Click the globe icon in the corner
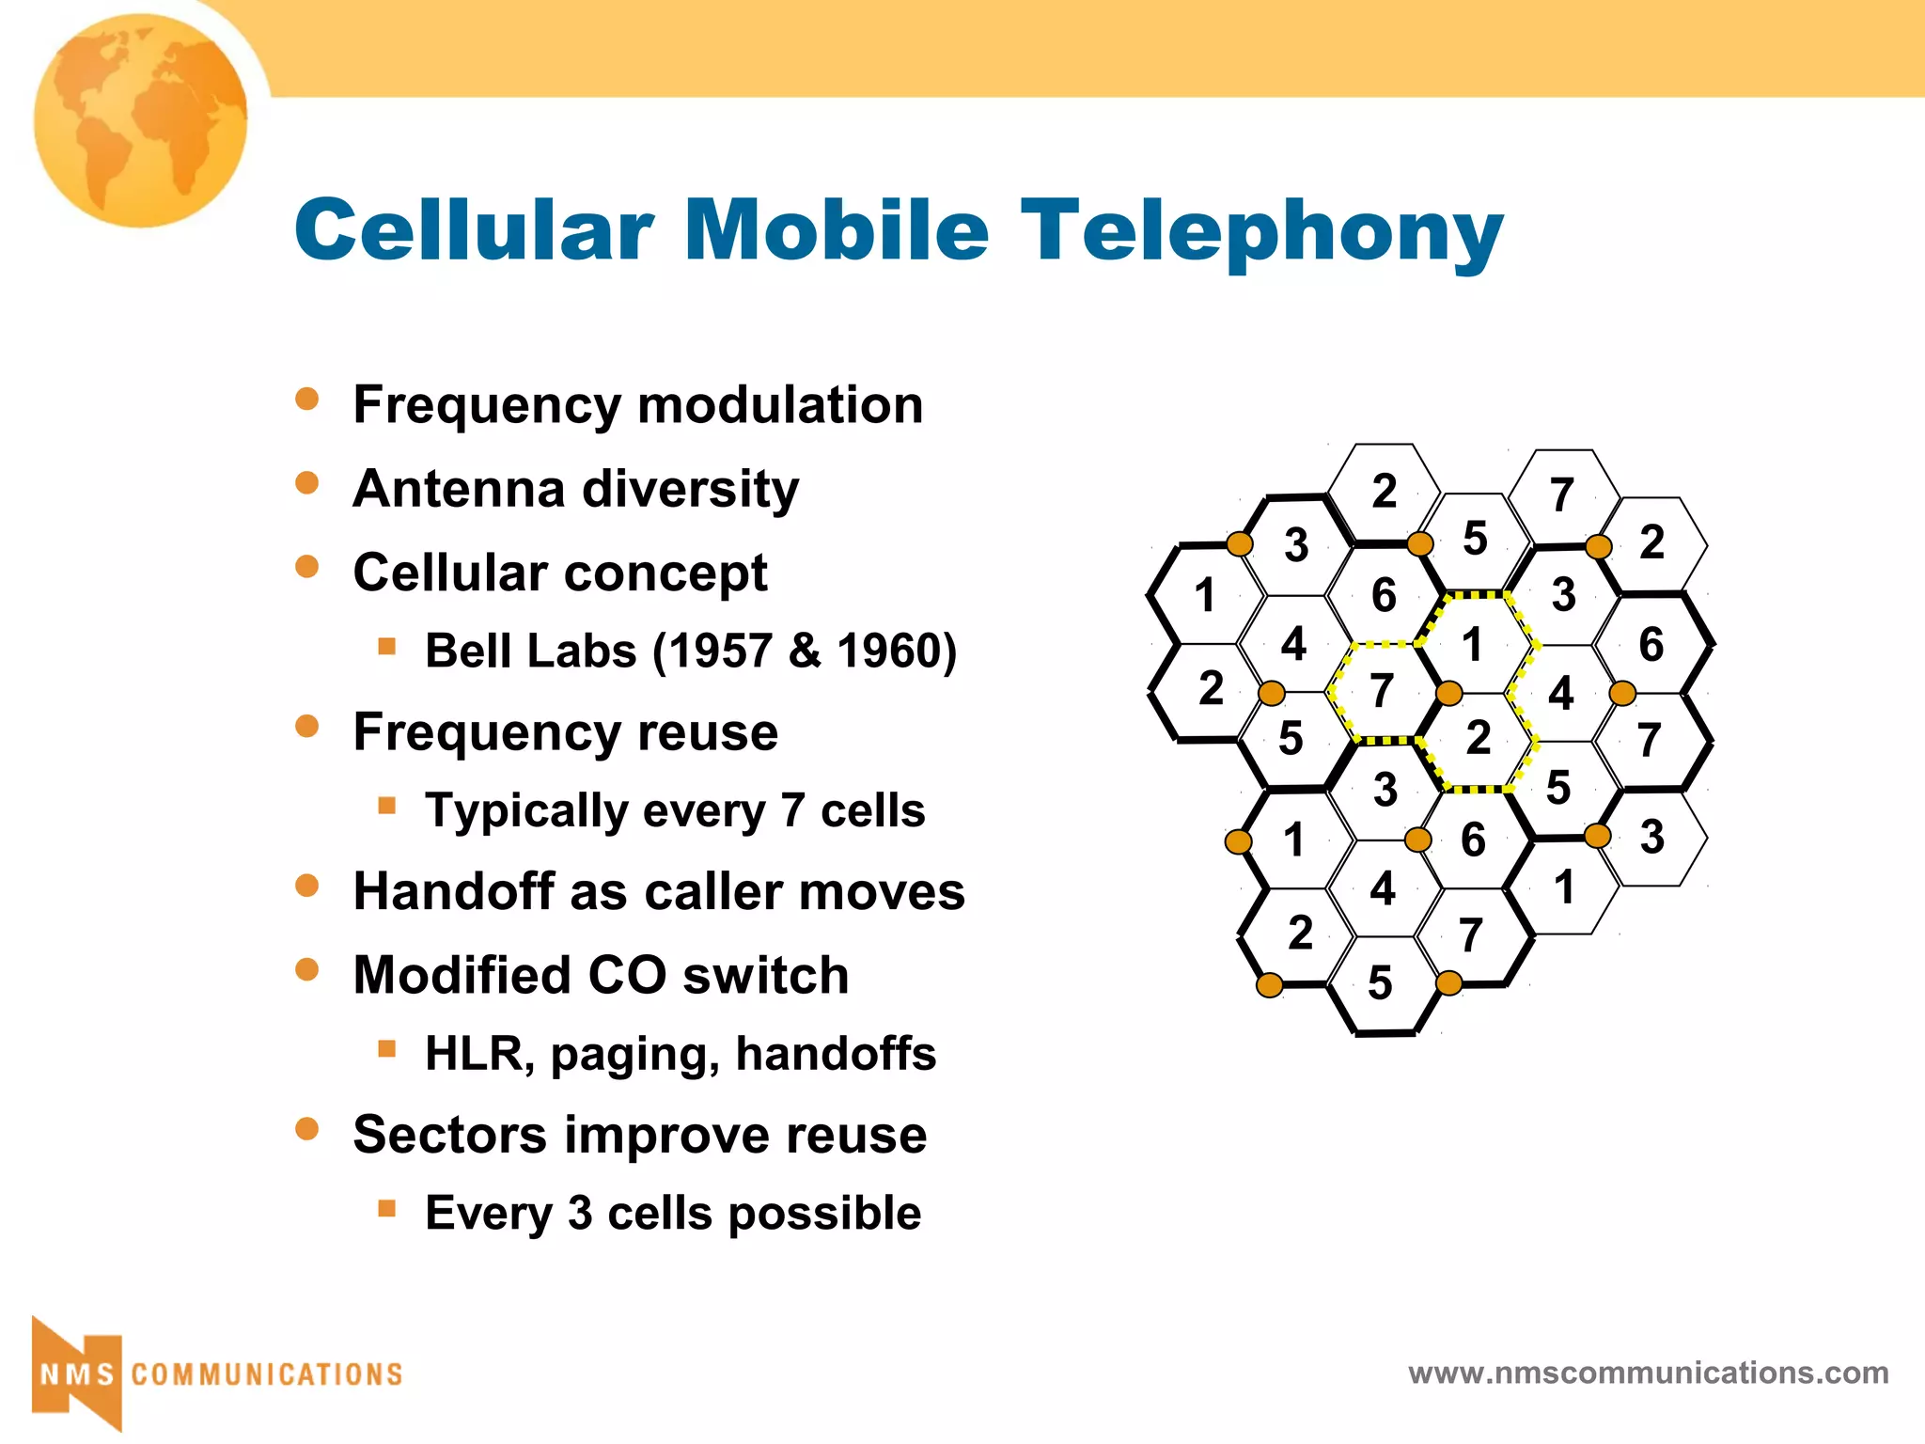point(141,120)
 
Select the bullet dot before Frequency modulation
point(307,399)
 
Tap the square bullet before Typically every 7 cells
point(386,806)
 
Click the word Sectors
point(448,1135)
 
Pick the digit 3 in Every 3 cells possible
point(580,1213)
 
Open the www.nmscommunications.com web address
point(1648,1373)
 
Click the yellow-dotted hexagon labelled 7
point(1381,691)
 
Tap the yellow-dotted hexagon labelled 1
point(1472,645)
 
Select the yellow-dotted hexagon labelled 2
point(1478,738)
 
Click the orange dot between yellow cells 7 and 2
point(1449,694)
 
